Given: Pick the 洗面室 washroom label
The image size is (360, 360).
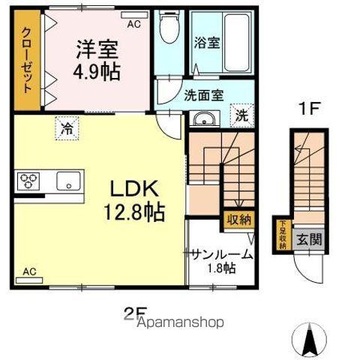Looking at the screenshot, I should coord(204,95).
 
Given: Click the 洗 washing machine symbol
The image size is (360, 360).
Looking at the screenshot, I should coord(241,115).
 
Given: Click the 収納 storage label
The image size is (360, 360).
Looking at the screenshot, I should coord(238,220).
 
